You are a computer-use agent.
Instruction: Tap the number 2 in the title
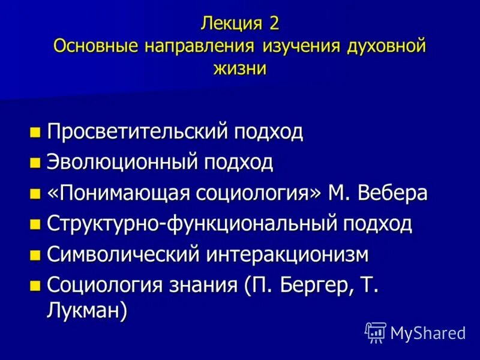(274, 25)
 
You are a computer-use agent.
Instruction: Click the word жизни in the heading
(239, 68)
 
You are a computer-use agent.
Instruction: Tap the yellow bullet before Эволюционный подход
(36, 162)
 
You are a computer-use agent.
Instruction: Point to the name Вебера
(392, 193)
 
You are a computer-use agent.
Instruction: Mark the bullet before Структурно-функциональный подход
(36, 224)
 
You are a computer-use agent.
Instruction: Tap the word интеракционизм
(288, 254)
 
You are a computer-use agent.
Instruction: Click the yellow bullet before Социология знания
(36, 285)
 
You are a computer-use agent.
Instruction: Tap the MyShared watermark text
(428, 332)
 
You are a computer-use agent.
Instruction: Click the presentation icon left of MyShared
(375, 332)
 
